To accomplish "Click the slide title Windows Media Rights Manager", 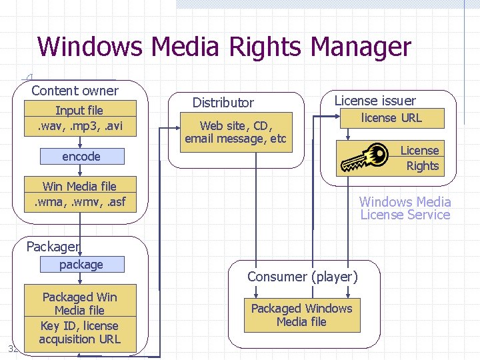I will tap(225, 47).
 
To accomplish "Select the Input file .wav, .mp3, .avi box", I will tap(79, 118).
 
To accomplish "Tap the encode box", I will tap(81, 157).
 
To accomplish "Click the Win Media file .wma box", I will tap(79, 194).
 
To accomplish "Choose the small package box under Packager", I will tap(81, 265).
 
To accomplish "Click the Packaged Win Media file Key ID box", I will tap(79, 318).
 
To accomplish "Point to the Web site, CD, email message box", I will tap(235, 132).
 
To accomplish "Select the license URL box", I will tap(391, 118).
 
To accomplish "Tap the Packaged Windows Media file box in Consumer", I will tap(301, 315).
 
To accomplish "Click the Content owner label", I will tap(75, 91).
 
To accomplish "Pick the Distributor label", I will tap(223, 103).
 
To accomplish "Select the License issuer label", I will tap(375, 101).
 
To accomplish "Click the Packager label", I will tap(53, 247).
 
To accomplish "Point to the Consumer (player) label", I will tap(303, 276).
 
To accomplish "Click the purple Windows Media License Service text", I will tap(405, 208).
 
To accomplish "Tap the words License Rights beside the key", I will tap(420, 159).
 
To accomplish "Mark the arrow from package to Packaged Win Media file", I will tap(81, 279).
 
